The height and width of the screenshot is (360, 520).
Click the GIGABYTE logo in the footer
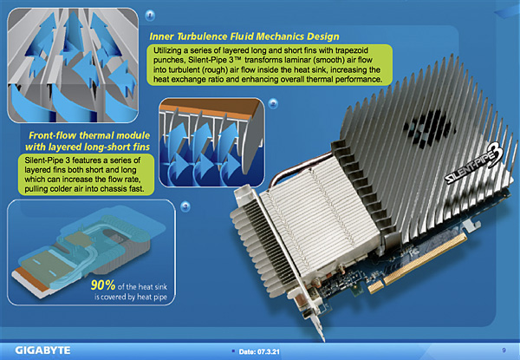coord(42,350)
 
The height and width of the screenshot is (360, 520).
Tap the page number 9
coord(504,350)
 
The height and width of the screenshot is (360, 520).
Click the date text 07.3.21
coord(268,351)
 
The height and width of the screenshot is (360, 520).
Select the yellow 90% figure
coord(103,285)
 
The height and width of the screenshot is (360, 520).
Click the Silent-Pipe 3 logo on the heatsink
coord(474,164)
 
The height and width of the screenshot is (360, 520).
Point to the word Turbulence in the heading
coord(203,36)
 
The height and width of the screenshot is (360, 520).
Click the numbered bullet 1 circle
coord(150,15)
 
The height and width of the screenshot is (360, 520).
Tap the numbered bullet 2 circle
coord(273,103)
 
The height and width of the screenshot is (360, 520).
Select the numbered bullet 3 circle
coord(185,206)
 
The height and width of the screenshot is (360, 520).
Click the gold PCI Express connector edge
coord(419,263)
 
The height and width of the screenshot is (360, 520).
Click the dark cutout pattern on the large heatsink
coord(427,128)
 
